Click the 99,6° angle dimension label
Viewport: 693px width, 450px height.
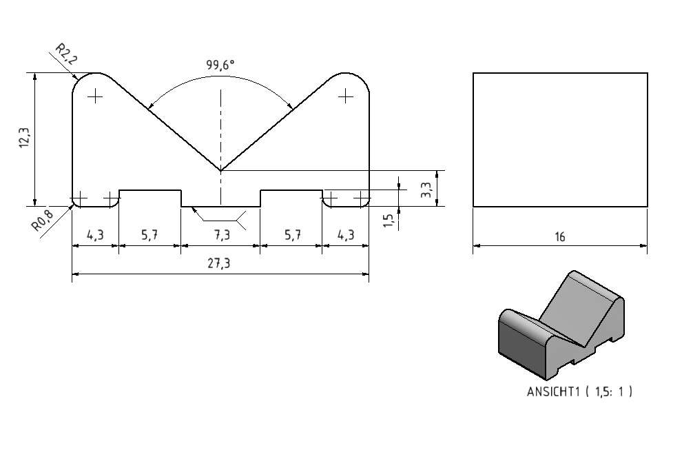220,65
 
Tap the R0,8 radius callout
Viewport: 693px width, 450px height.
43,220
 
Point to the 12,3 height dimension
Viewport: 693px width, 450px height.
24,137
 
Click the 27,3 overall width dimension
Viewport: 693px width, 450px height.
219,263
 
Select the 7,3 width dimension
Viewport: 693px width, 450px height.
223,235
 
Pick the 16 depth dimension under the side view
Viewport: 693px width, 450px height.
559,237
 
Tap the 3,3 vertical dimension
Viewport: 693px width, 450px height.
426,190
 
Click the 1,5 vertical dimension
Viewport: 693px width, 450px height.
388,221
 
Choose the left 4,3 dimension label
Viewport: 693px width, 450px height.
95,235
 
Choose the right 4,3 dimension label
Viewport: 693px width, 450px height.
346,235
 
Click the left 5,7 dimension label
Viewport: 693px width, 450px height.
149,235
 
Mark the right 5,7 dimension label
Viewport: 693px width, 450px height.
293,235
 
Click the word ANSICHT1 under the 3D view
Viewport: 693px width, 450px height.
553,391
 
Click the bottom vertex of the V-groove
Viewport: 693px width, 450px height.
220,171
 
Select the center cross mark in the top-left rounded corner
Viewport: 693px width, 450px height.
95,96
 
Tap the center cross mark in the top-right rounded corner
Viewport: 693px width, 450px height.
346,96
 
